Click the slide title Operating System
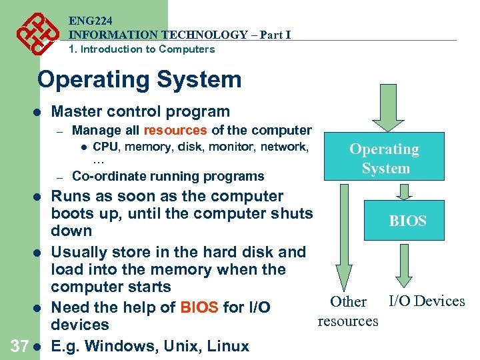(139, 79)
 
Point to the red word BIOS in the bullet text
(199, 307)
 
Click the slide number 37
(18, 346)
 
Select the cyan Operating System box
(384, 159)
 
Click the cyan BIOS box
(407, 221)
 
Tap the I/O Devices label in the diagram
(427, 301)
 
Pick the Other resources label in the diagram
(348, 311)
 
